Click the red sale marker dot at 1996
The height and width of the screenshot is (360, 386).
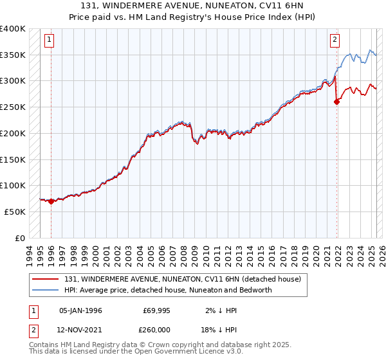[51, 201]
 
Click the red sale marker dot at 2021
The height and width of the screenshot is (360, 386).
[336, 102]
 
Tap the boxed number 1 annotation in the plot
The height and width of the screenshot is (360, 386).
[49, 40]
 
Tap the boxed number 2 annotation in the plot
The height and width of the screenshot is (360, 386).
[335, 40]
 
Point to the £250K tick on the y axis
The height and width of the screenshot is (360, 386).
[12, 107]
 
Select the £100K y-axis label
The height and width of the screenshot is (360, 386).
[12, 185]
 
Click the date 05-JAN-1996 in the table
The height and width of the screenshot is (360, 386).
[80, 310]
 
